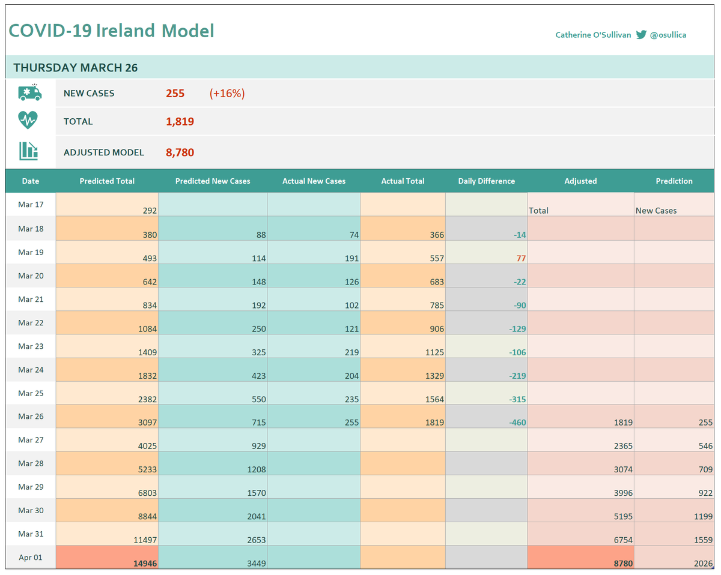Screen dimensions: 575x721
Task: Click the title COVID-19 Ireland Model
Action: tap(111, 31)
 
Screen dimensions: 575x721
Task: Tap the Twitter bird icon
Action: tap(641, 35)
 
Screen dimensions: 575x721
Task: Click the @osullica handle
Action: tap(668, 35)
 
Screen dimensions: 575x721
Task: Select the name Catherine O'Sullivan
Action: tap(593, 35)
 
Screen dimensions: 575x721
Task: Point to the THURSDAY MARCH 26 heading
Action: tap(76, 68)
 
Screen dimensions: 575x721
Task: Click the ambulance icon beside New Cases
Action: tap(30, 92)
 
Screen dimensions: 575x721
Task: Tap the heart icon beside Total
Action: tap(28, 121)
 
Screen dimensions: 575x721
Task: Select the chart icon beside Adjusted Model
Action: tap(28, 151)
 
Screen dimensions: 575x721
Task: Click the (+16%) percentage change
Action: tap(227, 94)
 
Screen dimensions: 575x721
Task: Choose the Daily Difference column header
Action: tap(486, 181)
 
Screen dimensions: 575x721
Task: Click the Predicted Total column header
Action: tap(107, 181)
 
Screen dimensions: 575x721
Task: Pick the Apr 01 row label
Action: tap(31, 557)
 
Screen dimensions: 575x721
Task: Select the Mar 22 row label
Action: tap(31, 322)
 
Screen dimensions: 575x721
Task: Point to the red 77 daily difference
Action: tap(520, 258)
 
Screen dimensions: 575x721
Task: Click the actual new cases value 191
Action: tap(351, 258)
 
